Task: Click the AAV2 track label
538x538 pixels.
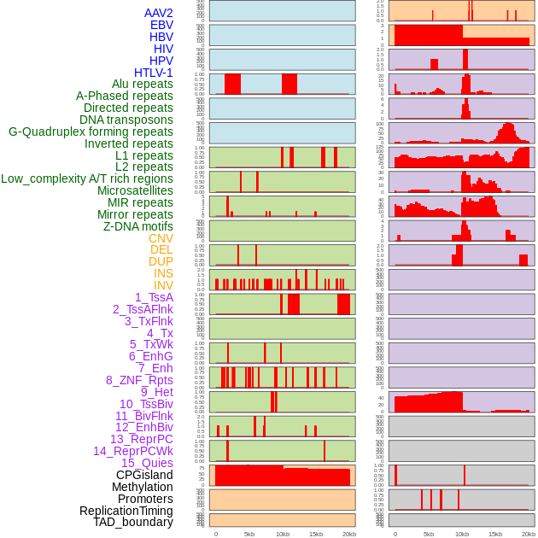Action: [159, 13]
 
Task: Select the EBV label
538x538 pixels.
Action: [161, 25]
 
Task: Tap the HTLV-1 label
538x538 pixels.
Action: [154, 73]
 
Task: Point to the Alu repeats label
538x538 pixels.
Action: [143, 84]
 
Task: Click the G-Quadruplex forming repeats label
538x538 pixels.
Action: [91, 132]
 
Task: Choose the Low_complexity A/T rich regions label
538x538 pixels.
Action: [87, 178]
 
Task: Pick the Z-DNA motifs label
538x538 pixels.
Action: [138, 226]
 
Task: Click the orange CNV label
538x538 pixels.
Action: [161, 238]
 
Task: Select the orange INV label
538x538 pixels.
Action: [163, 285]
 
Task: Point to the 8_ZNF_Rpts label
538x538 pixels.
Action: [139, 380]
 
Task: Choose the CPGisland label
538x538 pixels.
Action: [144, 475]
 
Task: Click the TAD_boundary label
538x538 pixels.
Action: [133, 522]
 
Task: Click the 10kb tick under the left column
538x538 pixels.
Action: [282, 534]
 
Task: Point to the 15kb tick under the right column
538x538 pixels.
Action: [495, 534]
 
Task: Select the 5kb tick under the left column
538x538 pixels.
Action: [249, 534]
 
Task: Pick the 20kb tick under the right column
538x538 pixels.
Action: [529, 534]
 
